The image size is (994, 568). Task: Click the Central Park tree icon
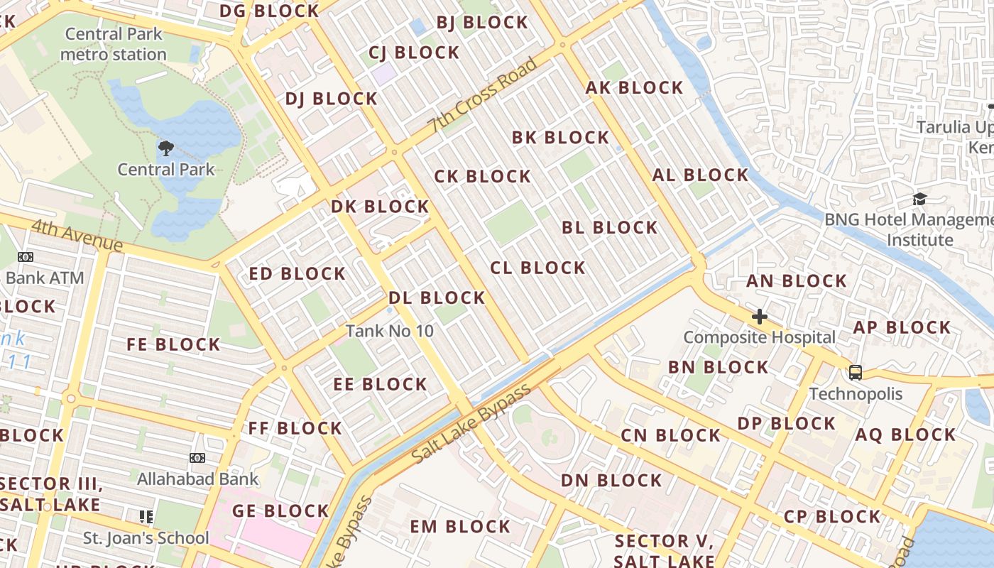pos(166,148)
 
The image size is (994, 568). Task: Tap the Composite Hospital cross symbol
pos(760,316)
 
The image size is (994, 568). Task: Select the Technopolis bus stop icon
pos(856,372)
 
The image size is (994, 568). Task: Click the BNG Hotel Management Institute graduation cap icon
pos(919,199)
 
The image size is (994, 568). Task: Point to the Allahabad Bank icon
pos(197,458)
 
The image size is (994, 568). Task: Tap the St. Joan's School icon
pos(146,516)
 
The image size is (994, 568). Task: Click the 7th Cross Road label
pos(482,95)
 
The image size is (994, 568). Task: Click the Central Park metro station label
pos(114,44)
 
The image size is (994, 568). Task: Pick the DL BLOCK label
pos(437,297)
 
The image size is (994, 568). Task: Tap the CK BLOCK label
pos(483,176)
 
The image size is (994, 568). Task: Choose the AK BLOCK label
pos(634,88)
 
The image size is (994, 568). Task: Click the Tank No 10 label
pos(389,331)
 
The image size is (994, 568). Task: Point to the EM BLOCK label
pos(460,527)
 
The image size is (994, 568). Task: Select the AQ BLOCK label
pos(905,435)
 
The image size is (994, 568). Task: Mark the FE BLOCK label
pos(173,345)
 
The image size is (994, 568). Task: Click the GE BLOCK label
pos(280,511)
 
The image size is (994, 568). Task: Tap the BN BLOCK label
pos(718,367)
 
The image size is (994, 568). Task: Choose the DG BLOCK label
pos(269,11)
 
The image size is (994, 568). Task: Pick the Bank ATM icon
pos(26,257)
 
